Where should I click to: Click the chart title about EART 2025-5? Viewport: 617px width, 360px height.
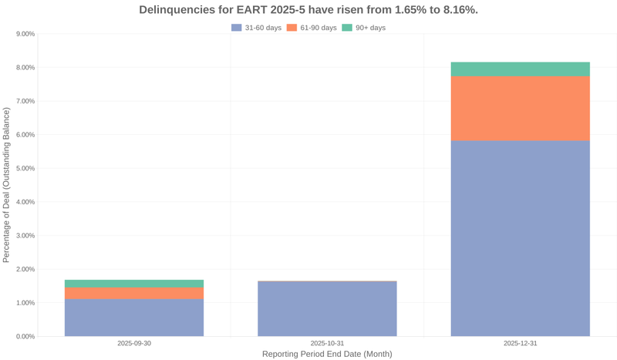308,10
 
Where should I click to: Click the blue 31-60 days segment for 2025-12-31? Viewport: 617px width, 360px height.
520,238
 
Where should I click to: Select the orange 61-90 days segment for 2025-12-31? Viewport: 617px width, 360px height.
520,108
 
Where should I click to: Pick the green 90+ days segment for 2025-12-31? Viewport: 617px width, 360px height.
520,69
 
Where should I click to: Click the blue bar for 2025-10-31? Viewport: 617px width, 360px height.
327,308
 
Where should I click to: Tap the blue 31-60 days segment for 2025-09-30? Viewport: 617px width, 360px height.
134,317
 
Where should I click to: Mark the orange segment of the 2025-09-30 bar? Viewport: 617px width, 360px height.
134,293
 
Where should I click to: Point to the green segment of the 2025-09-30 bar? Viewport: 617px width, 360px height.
134,284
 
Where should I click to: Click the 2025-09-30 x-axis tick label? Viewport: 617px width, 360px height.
134,343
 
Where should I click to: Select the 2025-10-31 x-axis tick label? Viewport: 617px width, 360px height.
327,343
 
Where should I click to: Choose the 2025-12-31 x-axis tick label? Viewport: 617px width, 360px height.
520,343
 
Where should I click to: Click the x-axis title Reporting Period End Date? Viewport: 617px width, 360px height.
327,354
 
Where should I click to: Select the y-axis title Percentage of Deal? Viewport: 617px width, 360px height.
7,185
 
